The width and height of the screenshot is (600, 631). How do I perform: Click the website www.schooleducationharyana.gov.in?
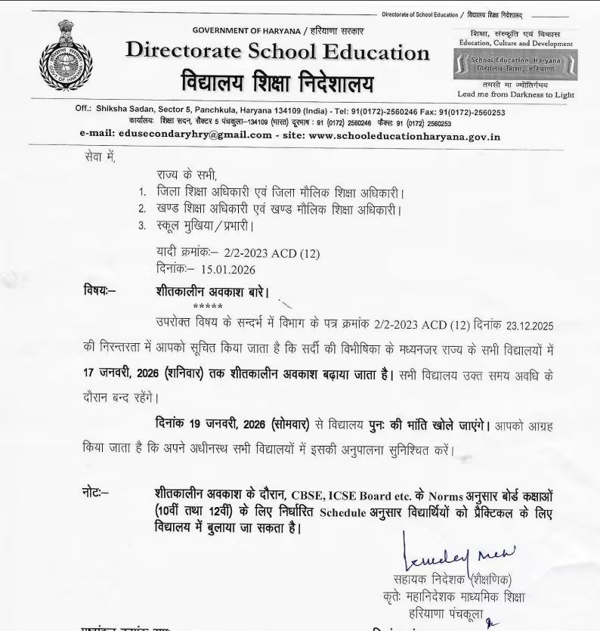click(x=404, y=135)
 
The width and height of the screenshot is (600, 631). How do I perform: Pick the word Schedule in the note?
click(x=346, y=513)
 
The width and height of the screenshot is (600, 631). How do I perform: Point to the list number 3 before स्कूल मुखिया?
click(x=141, y=224)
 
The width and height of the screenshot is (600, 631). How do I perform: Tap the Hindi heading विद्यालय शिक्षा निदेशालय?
click(x=277, y=82)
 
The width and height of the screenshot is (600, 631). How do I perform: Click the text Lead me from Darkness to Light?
click(x=515, y=94)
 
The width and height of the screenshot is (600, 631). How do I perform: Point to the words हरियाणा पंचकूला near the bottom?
click(x=444, y=613)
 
